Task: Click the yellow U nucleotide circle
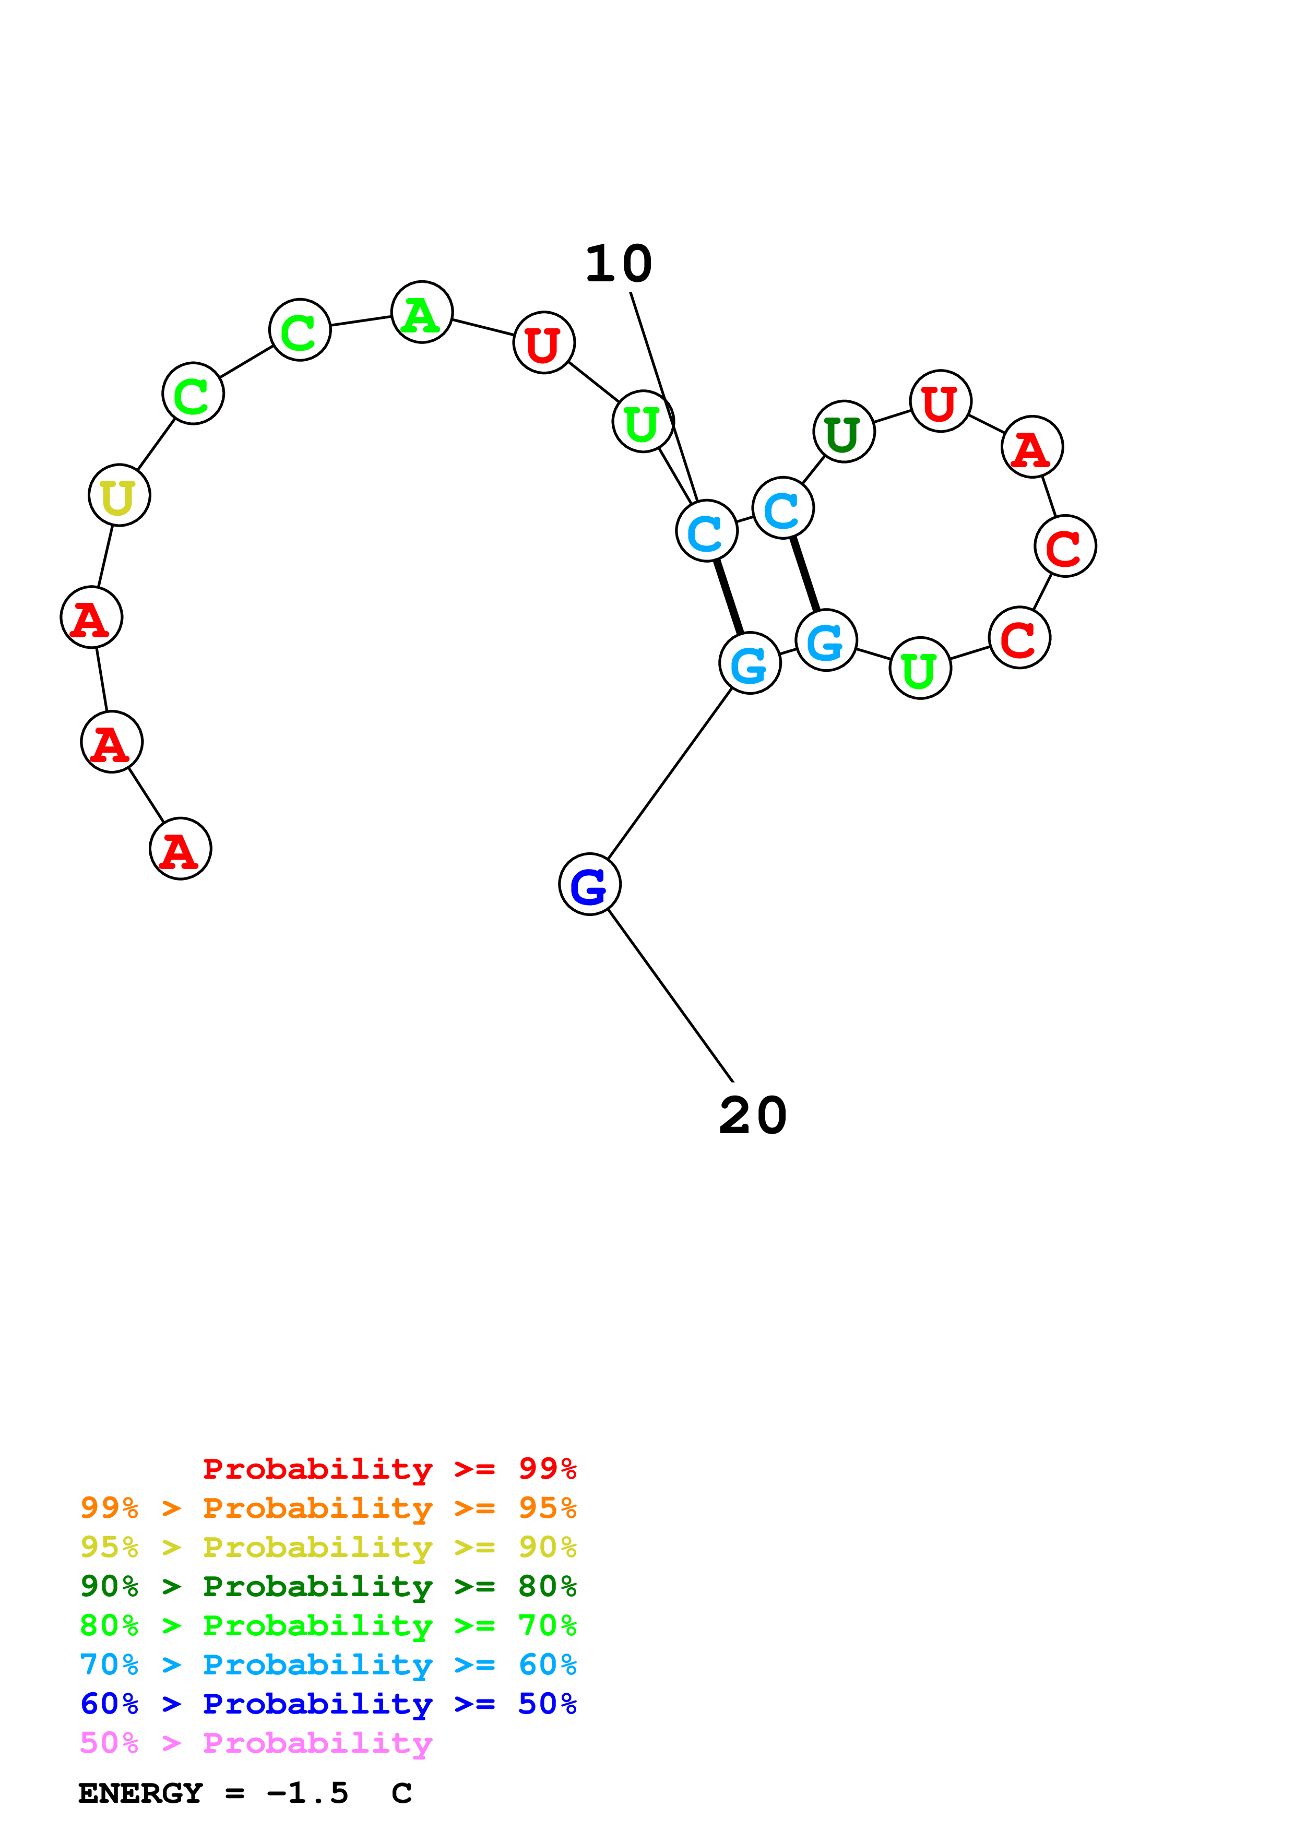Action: [x=120, y=495]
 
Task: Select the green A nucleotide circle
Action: [x=422, y=312]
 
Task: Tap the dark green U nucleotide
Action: [x=844, y=432]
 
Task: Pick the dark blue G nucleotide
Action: [x=589, y=884]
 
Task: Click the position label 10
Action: [x=618, y=264]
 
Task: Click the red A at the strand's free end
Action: [x=180, y=849]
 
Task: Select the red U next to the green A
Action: [x=544, y=343]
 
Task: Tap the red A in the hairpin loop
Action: [x=1031, y=447]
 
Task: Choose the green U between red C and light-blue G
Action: [x=920, y=668]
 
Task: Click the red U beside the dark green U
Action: [x=940, y=401]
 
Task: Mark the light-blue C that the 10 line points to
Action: [x=706, y=531]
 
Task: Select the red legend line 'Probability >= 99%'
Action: [x=389, y=1468]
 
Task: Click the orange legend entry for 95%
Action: [x=328, y=1508]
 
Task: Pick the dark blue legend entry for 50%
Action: [x=328, y=1704]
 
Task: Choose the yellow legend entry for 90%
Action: [x=328, y=1547]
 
